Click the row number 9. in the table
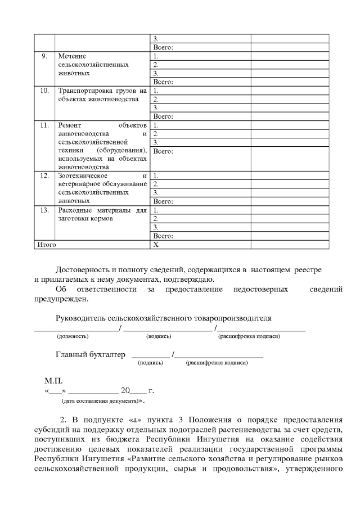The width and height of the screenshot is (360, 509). click(44, 56)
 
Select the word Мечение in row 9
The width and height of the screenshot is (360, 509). click(71, 56)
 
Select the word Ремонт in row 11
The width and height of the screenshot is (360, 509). click(70, 125)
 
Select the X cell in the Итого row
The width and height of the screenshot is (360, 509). click(156, 245)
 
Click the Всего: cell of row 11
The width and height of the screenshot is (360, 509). click(163, 151)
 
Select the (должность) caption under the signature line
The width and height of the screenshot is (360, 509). click(72, 336)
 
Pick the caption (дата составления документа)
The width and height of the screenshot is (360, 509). click(100, 402)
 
